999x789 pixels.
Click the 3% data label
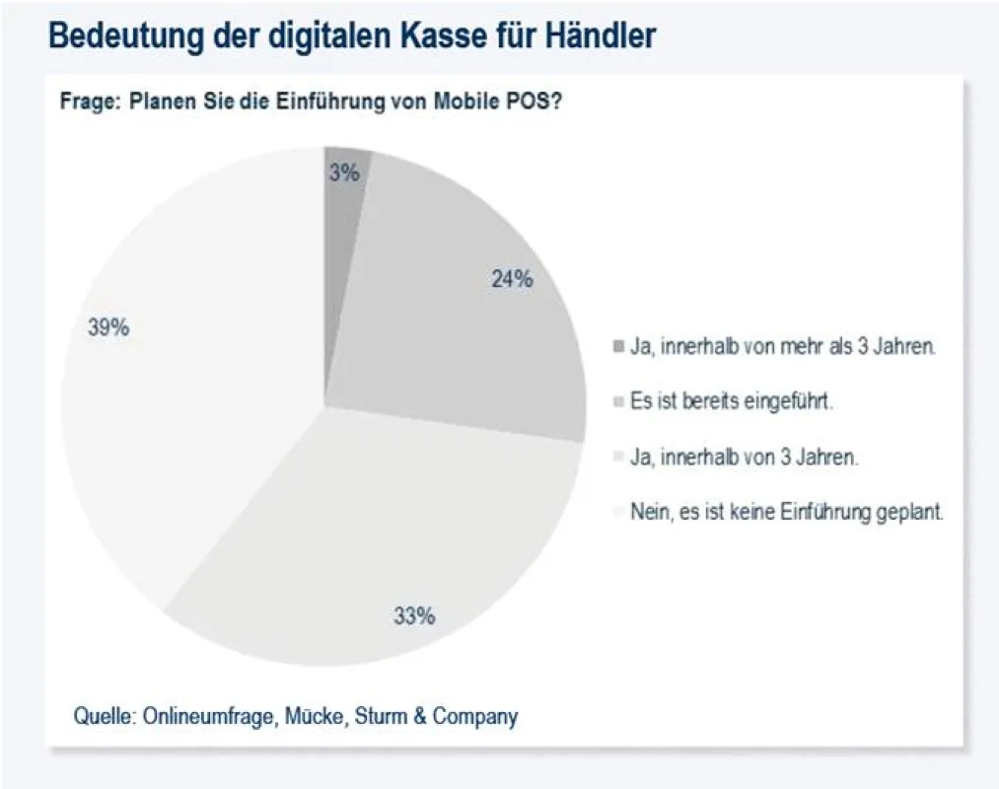(345, 173)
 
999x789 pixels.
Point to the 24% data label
(512, 278)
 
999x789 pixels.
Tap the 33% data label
(415, 615)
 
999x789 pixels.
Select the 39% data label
(108, 327)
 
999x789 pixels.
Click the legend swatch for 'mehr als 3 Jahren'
(618, 347)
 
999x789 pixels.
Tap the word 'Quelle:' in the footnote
(106, 716)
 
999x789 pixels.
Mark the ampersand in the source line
(420, 716)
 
